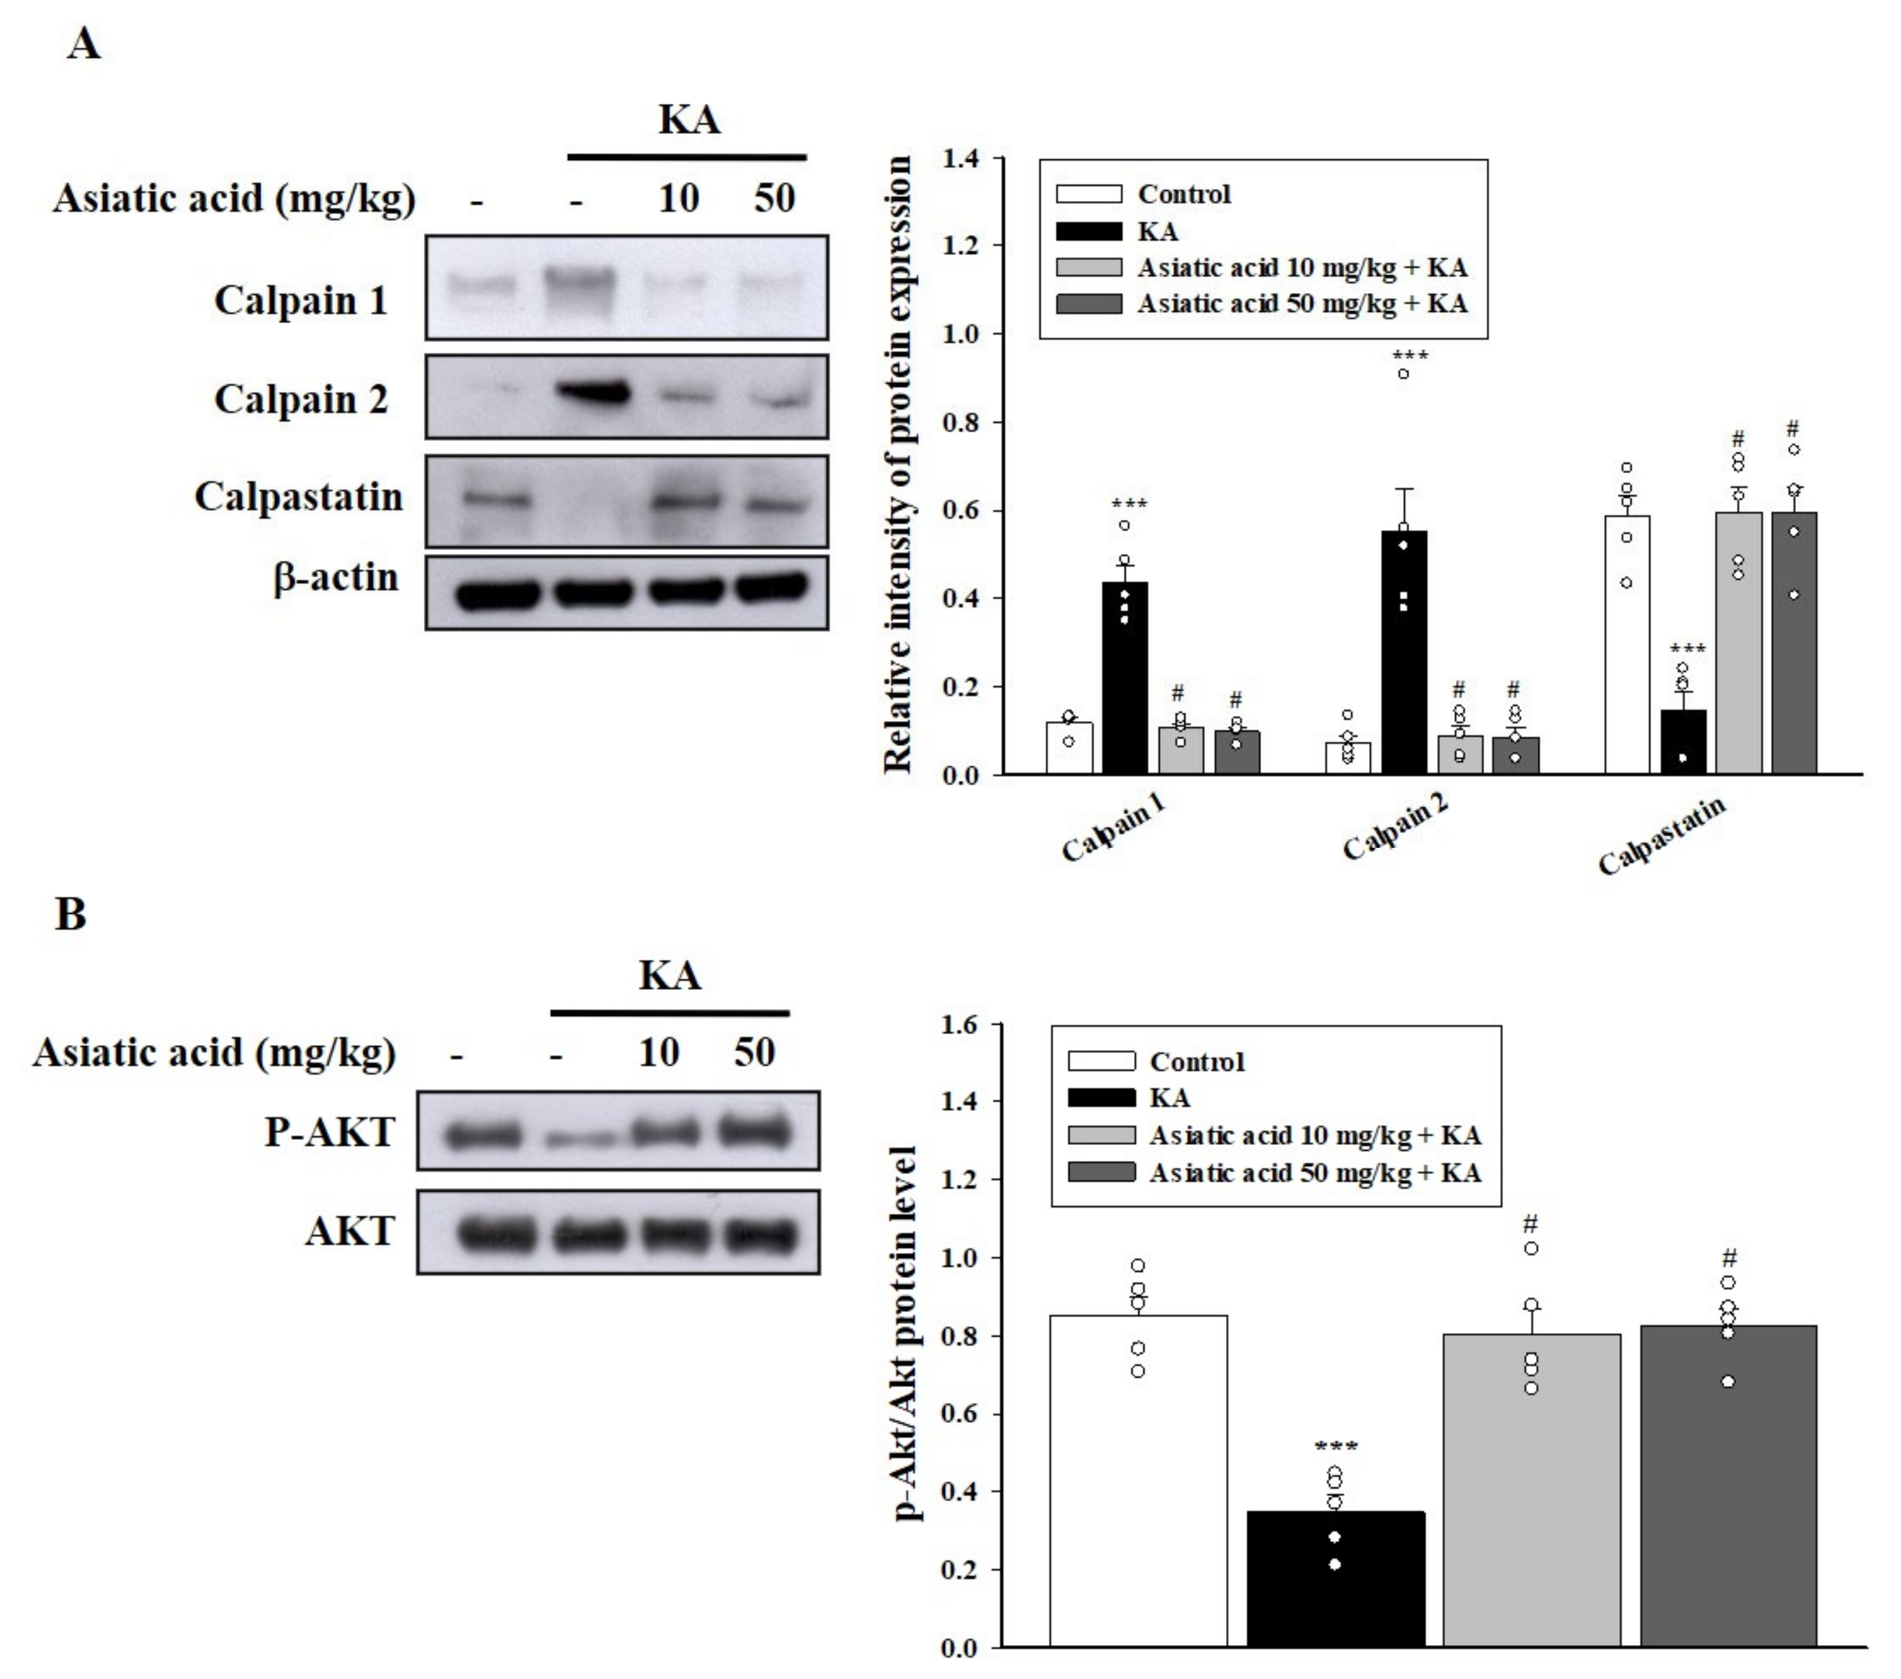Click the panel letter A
[84, 44]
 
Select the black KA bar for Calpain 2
[1404, 651]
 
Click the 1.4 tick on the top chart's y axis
[960, 159]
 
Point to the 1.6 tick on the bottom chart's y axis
[960, 1025]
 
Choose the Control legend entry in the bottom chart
[1196, 1061]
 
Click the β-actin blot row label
[336, 578]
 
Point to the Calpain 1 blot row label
[300, 300]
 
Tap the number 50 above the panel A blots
[774, 197]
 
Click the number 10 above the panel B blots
[658, 1052]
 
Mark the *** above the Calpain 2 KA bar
[1410, 356]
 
